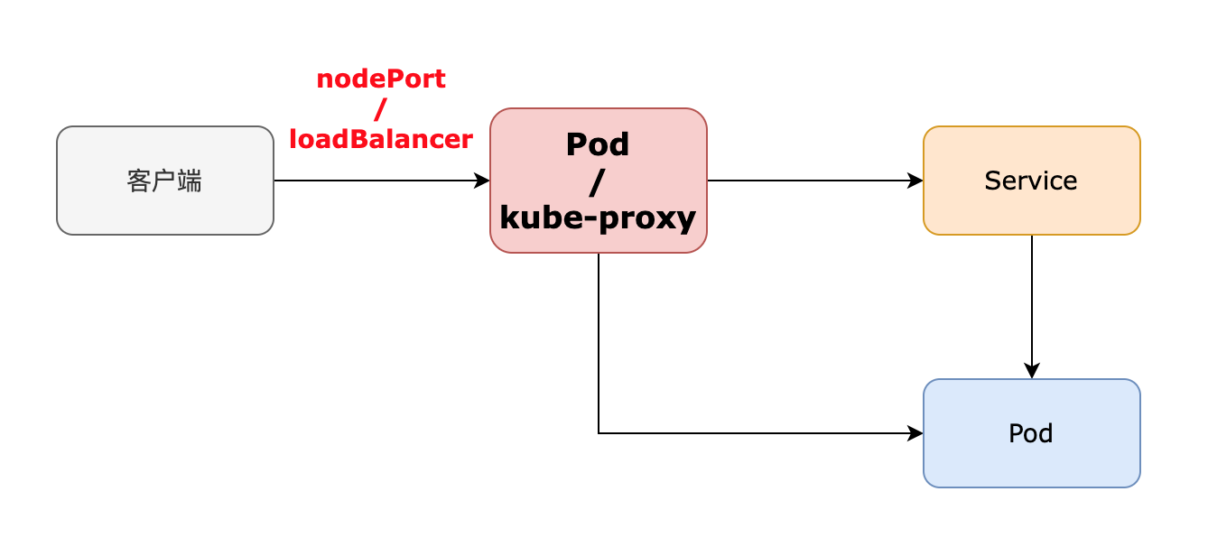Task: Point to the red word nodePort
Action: point(381,79)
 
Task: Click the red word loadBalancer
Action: point(381,139)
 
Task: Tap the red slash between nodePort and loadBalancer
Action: point(381,109)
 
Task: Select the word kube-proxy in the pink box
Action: point(598,218)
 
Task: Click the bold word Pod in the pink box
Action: point(598,144)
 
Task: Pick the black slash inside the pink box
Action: point(598,181)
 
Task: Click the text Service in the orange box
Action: point(1031,181)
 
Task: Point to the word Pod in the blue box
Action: point(1031,434)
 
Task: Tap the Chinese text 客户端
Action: point(164,181)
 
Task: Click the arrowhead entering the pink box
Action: point(483,181)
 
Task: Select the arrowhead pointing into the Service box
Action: point(916,181)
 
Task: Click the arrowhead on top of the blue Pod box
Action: point(1032,372)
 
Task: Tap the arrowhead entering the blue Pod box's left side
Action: point(916,433)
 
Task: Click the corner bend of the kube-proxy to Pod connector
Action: point(599,433)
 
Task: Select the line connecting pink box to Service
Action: point(813,181)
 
